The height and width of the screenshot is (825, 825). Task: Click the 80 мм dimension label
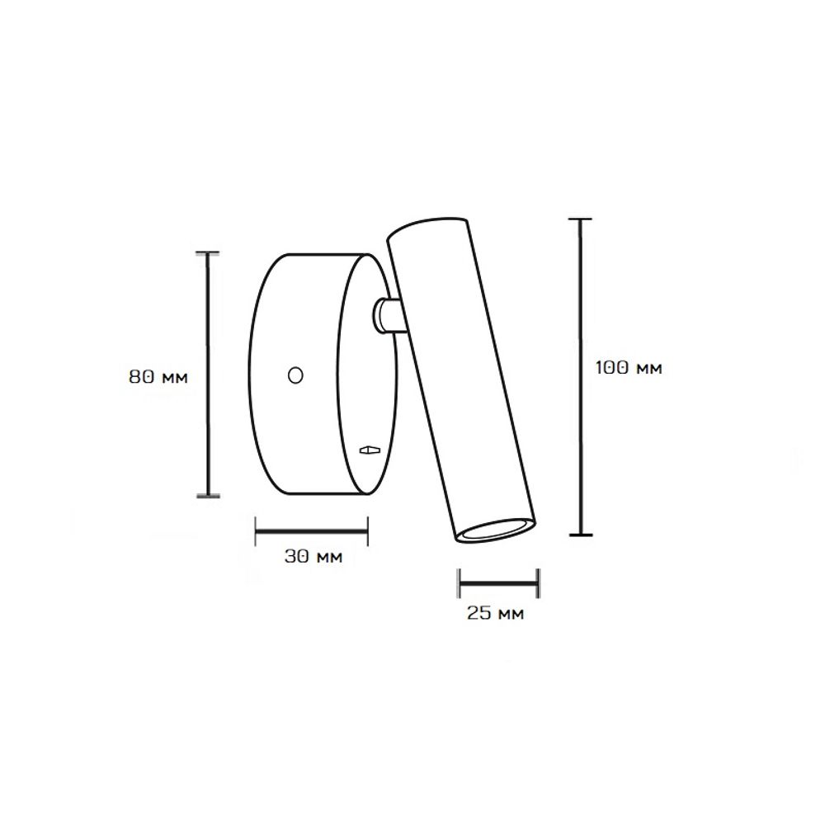[158, 377]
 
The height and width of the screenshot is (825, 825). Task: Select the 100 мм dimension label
[629, 367]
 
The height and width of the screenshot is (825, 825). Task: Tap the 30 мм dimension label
[313, 556]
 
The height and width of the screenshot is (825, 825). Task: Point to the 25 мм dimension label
[496, 612]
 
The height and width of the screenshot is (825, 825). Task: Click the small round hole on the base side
[295, 375]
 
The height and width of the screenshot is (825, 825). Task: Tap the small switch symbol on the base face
[370, 450]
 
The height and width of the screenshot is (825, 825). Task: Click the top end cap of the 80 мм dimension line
[208, 253]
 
